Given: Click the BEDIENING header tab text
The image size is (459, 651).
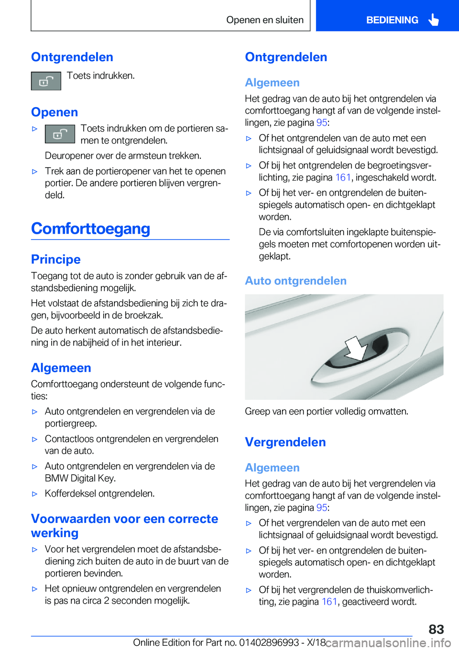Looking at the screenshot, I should tap(392, 20).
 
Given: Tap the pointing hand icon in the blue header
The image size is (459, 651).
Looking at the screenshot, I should tap(434, 20).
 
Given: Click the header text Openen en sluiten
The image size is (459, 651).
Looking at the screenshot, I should tap(265, 20).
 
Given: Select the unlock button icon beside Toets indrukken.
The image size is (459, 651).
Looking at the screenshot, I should tap(46, 81).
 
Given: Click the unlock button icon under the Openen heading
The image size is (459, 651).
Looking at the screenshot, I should tap(60, 134).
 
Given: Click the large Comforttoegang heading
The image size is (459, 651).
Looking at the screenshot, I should tap(91, 228).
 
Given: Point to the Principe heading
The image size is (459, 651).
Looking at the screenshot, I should tap(56, 259).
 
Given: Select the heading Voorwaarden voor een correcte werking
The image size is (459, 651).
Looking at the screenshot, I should tap(124, 526).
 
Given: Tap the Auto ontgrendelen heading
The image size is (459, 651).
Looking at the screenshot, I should tap(295, 281).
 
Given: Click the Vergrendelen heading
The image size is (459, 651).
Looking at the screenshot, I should tap(285, 442).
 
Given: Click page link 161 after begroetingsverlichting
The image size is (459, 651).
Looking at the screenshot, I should tap(343, 177).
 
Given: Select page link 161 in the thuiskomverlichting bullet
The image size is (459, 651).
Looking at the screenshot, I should tap(329, 602).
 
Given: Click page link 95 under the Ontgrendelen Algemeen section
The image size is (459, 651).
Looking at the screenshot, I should tap(321, 122).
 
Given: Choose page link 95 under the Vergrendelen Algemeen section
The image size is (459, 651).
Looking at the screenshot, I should tap(321, 508).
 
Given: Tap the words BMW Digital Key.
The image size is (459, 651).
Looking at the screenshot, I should tap(80, 478).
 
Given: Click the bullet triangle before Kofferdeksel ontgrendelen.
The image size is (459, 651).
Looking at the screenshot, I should tap(34, 494).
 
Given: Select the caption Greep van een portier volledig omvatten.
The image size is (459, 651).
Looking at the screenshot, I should tap(327, 412).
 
